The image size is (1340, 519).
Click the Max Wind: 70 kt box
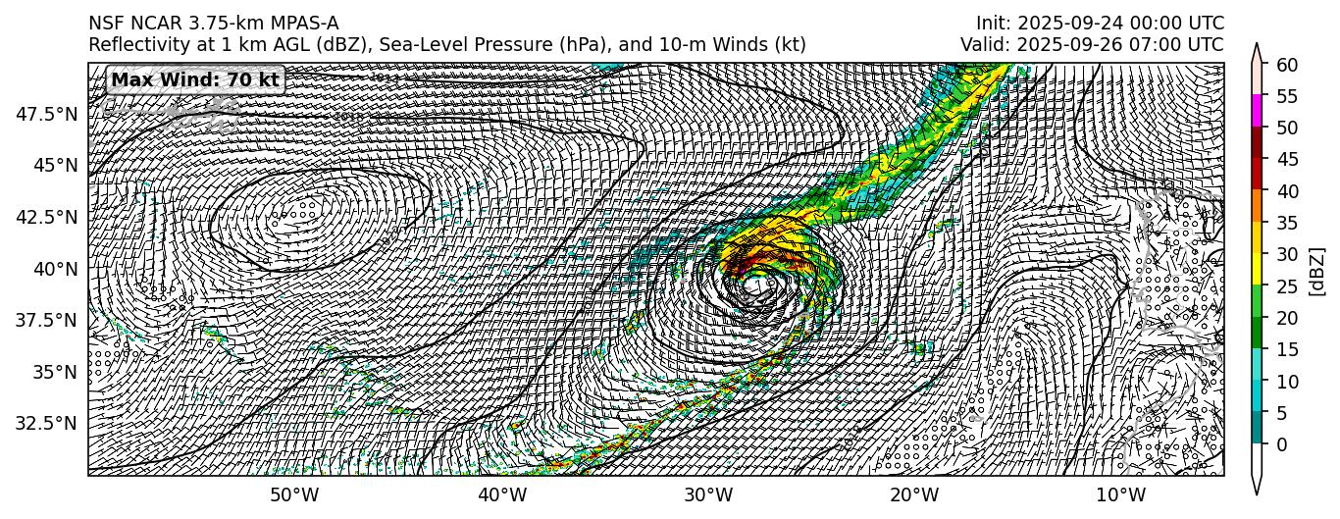point(195,79)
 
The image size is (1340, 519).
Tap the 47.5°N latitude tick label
point(47,114)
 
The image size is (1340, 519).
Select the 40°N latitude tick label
point(55,269)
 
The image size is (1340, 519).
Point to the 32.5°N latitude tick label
point(47,424)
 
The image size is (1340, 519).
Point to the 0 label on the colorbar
point(1280,444)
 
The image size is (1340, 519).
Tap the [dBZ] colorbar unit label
point(1317,270)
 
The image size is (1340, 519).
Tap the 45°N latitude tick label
point(55,165)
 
